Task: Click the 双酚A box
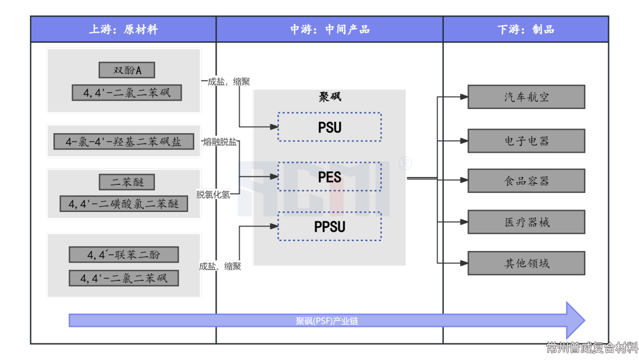click(127, 70)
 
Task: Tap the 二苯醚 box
click(127, 182)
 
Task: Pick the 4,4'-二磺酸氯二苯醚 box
click(124, 204)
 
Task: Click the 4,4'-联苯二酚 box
click(123, 255)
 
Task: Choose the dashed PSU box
click(330, 127)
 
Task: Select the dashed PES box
click(330, 176)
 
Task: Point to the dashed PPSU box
click(330, 226)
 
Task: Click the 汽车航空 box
click(526, 97)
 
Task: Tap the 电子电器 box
click(526, 141)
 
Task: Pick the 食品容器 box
click(526, 181)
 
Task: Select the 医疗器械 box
click(526, 222)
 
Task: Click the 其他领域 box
click(526, 263)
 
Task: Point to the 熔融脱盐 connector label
click(220, 142)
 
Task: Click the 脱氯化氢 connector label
click(214, 194)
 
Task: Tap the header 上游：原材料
click(123, 29)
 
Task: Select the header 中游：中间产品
click(330, 29)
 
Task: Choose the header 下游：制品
click(525, 29)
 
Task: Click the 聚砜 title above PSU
click(330, 97)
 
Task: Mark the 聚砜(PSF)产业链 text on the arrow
click(327, 322)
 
